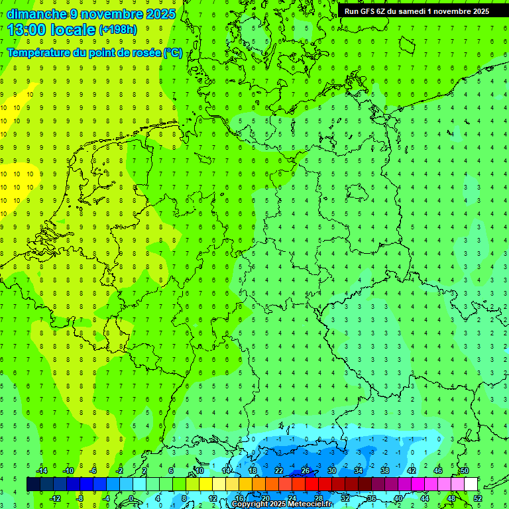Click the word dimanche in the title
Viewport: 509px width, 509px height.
click(36, 14)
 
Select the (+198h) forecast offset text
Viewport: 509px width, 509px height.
click(118, 30)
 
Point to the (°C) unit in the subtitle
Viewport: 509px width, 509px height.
click(173, 53)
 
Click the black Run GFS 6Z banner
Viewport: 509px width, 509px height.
click(416, 11)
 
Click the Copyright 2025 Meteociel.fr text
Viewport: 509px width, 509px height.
click(282, 504)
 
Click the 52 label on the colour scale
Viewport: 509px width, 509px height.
click(478, 498)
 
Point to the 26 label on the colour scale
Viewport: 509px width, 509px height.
click(306, 471)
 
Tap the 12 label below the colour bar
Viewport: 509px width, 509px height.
click(212, 498)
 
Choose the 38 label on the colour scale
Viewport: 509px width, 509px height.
click(385, 471)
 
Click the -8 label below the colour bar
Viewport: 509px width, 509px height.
click(80, 498)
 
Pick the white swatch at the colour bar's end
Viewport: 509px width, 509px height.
click(471, 484)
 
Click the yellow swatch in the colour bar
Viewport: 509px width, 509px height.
click(205, 484)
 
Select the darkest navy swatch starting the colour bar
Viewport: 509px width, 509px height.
click(33, 484)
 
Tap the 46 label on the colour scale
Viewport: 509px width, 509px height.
click(438, 471)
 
